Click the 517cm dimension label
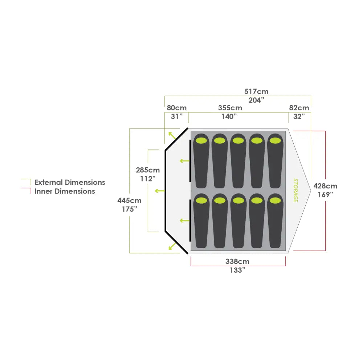(256, 91)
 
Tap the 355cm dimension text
(230, 108)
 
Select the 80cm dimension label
(176, 108)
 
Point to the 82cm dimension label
(299, 108)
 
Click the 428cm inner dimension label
(325, 186)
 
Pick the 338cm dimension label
(237, 261)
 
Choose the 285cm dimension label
(148, 170)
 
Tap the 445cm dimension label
(129, 200)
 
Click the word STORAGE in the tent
(295, 190)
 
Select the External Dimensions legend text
(70, 183)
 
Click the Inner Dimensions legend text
(65, 191)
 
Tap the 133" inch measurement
(238, 270)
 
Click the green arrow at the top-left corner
(172, 136)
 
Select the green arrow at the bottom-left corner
(172, 246)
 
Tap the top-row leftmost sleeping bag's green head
(201, 140)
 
